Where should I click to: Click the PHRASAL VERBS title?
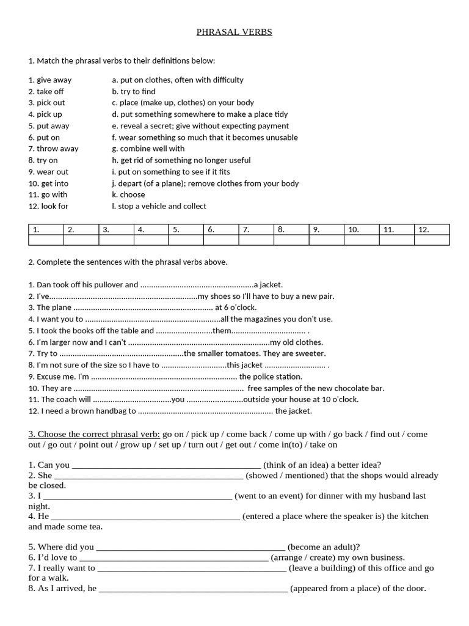pyautogui.click(x=234, y=32)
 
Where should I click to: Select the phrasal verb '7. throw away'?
pyautogui.click(x=53, y=149)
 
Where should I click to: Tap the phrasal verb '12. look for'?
pyautogui.click(x=48, y=206)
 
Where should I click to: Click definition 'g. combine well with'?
pyautogui.click(x=148, y=149)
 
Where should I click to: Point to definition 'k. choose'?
pyautogui.click(x=128, y=194)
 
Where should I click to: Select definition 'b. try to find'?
pyautogui.click(x=134, y=91)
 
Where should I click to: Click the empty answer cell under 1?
pyautogui.click(x=46, y=240)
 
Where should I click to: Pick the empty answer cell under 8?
pyautogui.click(x=291, y=240)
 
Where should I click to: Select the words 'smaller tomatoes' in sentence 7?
pyautogui.click(x=227, y=353)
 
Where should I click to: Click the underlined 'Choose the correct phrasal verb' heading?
pyautogui.click(x=94, y=434)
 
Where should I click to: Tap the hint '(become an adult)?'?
pyautogui.click(x=324, y=547)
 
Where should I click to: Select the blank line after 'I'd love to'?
pyautogui.click(x=173, y=558)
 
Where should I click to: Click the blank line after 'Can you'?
pyautogui.click(x=166, y=465)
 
